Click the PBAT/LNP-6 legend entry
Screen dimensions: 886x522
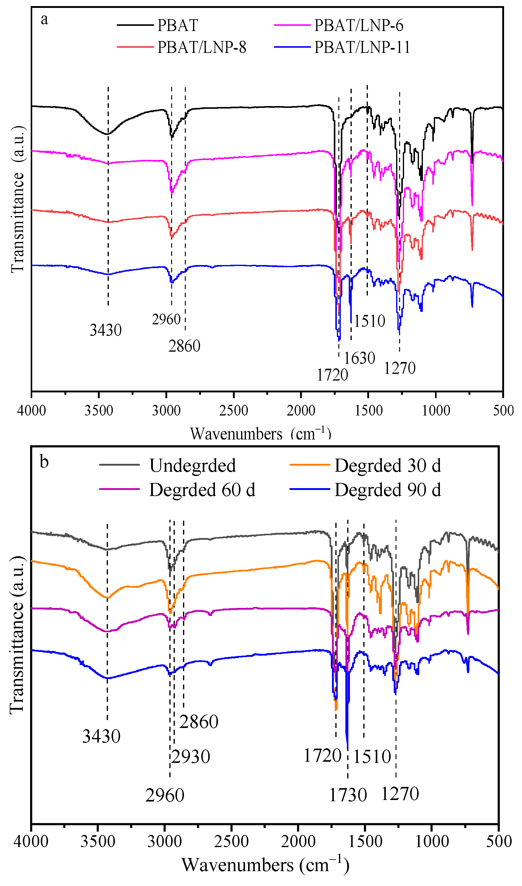pyautogui.click(x=358, y=25)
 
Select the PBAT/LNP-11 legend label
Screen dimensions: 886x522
pyautogui.click(x=362, y=47)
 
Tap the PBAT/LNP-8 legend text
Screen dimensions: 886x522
pyautogui.click(x=202, y=47)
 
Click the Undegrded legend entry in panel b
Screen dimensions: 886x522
pyautogui.click(x=192, y=466)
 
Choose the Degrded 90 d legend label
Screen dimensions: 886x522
pyautogui.click(x=387, y=490)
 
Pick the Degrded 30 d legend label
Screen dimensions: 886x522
pyautogui.click(x=387, y=466)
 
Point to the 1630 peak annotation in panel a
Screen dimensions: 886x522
pyautogui.click(x=359, y=358)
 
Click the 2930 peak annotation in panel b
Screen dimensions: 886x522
pyautogui.click(x=191, y=757)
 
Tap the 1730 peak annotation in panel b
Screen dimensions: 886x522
pyautogui.click(x=347, y=795)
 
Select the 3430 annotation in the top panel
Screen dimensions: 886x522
pyautogui.click(x=105, y=330)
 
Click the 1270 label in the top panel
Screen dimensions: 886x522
pyautogui.click(x=399, y=368)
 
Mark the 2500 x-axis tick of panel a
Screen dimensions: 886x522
pyautogui.click(x=233, y=410)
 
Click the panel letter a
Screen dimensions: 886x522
pyautogui.click(x=44, y=19)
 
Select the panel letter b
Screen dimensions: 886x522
pyautogui.click(x=44, y=462)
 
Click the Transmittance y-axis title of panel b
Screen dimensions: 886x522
pyautogui.click(x=17, y=636)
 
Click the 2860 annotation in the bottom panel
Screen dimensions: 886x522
pyautogui.click(x=199, y=722)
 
